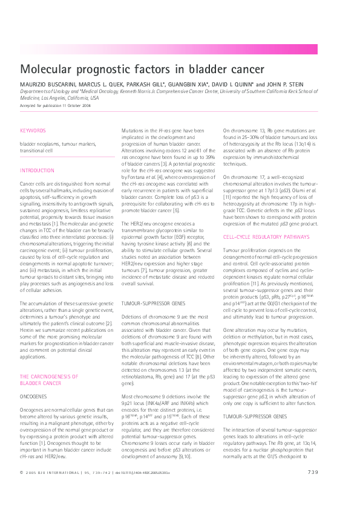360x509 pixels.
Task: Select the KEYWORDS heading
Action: pos(32,131)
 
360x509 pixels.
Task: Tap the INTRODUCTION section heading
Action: pos(37,170)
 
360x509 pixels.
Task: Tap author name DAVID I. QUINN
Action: pos(234,83)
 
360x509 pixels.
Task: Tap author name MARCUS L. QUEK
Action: pos(102,83)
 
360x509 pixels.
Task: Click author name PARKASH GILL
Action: pos(146,83)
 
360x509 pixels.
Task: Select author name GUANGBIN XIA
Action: pos(188,83)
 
